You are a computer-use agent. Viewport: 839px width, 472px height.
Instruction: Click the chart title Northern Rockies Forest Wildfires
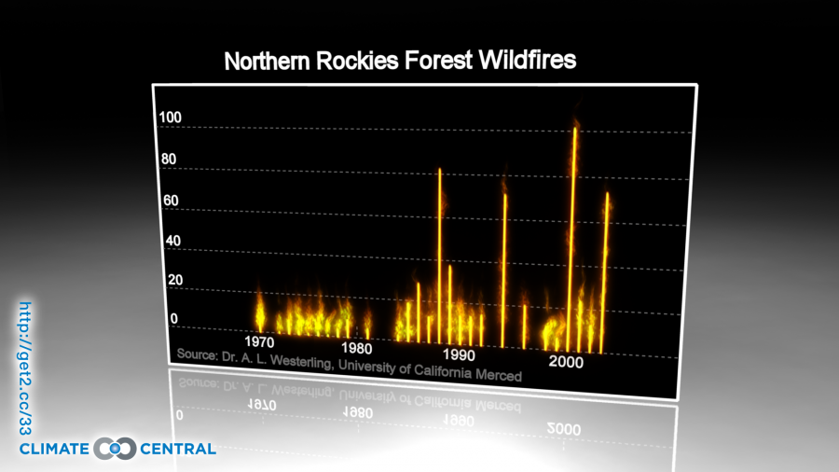tap(400, 62)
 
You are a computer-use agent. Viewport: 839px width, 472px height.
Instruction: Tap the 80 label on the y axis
tap(169, 159)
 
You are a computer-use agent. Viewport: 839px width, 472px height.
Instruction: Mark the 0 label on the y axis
tap(173, 319)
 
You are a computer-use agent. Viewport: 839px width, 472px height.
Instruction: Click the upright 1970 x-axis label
tap(258, 340)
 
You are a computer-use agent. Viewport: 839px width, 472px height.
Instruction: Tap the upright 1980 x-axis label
tap(358, 348)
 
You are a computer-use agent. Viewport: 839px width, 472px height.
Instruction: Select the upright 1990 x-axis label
tap(459, 354)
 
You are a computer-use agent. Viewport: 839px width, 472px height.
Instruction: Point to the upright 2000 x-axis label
tap(565, 361)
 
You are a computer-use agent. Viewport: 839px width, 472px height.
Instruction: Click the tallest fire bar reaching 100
tap(575, 233)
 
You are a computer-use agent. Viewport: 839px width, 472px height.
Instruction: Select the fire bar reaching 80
tap(440, 252)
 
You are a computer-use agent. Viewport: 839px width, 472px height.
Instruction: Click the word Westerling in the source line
tap(299, 362)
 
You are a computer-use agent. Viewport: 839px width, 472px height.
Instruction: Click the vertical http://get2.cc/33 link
tap(25, 368)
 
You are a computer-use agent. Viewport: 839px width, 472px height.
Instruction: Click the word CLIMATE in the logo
tap(53, 450)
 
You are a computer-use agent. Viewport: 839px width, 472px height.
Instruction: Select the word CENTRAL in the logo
tap(178, 450)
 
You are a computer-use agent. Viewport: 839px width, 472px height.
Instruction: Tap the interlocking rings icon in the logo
tap(116, 449)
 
